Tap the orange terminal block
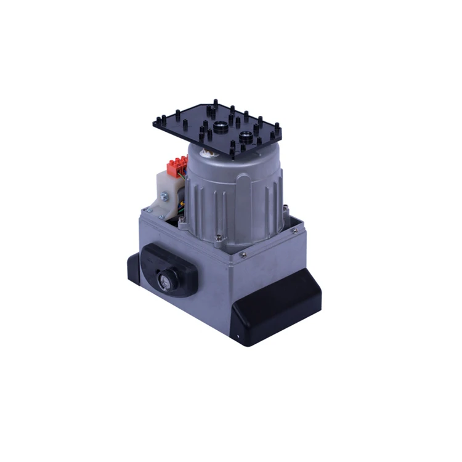(x=177, y=167)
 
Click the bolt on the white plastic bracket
(x=164, y=197)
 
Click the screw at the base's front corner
(x=245, y=254)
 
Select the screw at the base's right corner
(x=294, y=230)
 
